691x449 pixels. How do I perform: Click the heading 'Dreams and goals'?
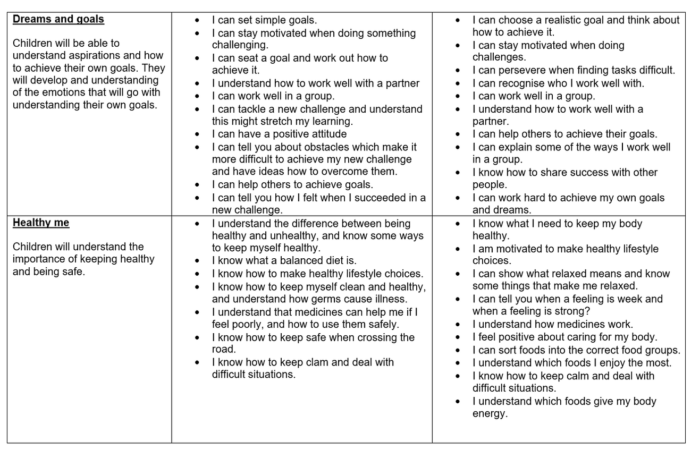coord(58,20)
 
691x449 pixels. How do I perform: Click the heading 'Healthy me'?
coord(41,223)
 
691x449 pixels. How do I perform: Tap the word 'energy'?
coord(489,413)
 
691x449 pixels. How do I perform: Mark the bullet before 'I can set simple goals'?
coord(198,21)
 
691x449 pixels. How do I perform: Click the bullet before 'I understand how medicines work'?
coord(458,325)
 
